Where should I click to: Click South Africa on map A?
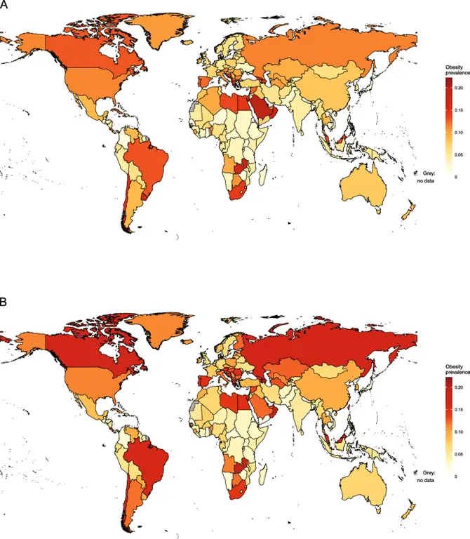tap(240, 190)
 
